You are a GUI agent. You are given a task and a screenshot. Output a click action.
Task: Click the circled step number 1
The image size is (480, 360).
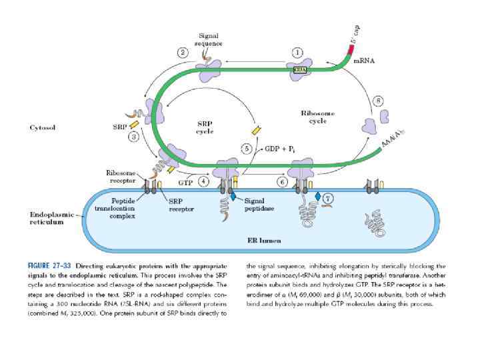pos(298,52)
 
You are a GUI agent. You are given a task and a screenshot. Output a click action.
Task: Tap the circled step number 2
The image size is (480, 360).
pos(183,52)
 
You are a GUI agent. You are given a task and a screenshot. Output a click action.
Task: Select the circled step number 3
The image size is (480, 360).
pos(133,137)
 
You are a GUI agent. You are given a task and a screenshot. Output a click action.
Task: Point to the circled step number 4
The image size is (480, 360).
pos(204,180)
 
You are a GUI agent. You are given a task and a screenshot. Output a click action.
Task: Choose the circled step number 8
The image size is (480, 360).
pos(378,101)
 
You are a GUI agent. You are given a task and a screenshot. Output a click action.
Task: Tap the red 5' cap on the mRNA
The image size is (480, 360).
pos(351,47)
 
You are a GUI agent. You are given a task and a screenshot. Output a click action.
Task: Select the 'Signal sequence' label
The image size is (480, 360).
pos(208,39)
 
